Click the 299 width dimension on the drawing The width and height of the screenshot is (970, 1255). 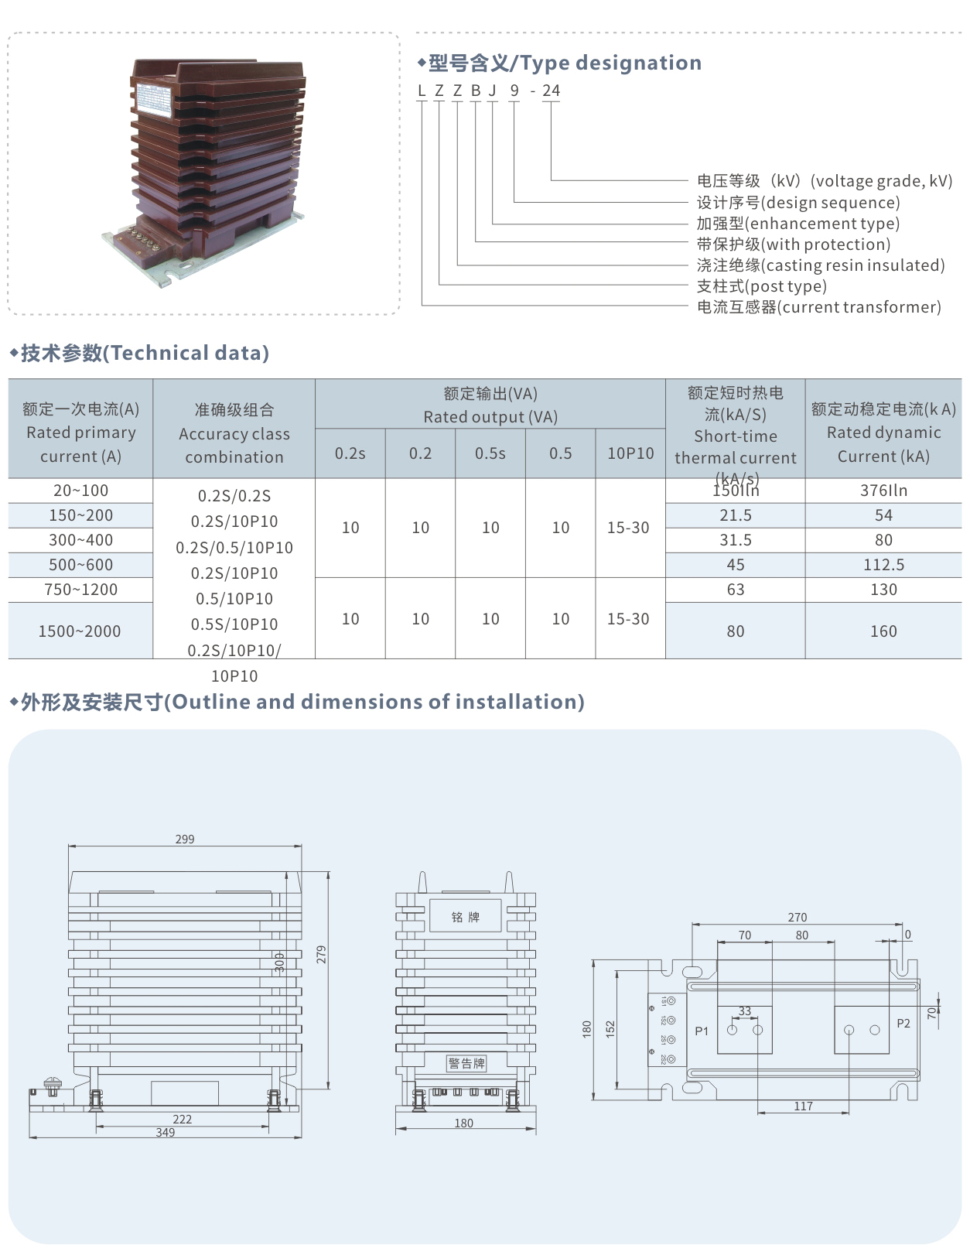click(185, 840)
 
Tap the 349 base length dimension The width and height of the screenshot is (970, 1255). click(166, 1133)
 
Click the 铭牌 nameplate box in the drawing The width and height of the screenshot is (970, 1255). click(466, 917)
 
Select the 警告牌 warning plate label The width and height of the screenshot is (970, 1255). click(466, 1063)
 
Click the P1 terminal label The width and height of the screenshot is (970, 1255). click(702, 1031)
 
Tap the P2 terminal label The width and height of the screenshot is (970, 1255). click(903, 1024)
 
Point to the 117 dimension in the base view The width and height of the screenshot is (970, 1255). click(804, 1106)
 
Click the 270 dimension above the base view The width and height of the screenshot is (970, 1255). click(798, 918)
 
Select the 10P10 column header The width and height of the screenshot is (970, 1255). click(630, 453)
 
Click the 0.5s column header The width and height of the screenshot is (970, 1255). click(490, 453)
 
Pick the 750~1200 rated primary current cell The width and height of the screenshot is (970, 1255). click(81, 590)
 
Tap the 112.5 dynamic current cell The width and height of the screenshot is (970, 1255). click(883, 565)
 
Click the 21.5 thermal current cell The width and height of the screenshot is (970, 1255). click(736, 515)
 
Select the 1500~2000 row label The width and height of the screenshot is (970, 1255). click(80, 631)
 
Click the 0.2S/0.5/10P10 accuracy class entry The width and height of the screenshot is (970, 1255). click(234, 548)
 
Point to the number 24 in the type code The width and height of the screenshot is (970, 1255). click(551, 91)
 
